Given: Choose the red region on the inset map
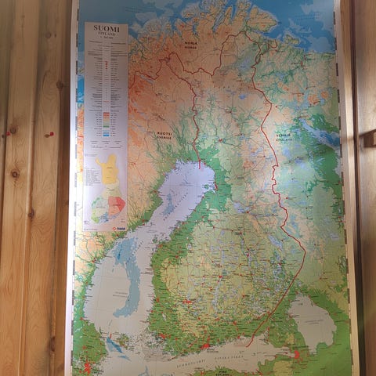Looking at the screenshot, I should point(117,205).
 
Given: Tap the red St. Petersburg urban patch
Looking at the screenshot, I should point(297,354).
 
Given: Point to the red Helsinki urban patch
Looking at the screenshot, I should point(205,345).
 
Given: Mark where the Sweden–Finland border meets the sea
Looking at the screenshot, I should point(199,165).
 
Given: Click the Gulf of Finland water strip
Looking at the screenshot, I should point(235,357).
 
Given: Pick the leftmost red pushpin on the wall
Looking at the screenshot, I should point(8,134).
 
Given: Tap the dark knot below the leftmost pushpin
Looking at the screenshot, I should point(14,173).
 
